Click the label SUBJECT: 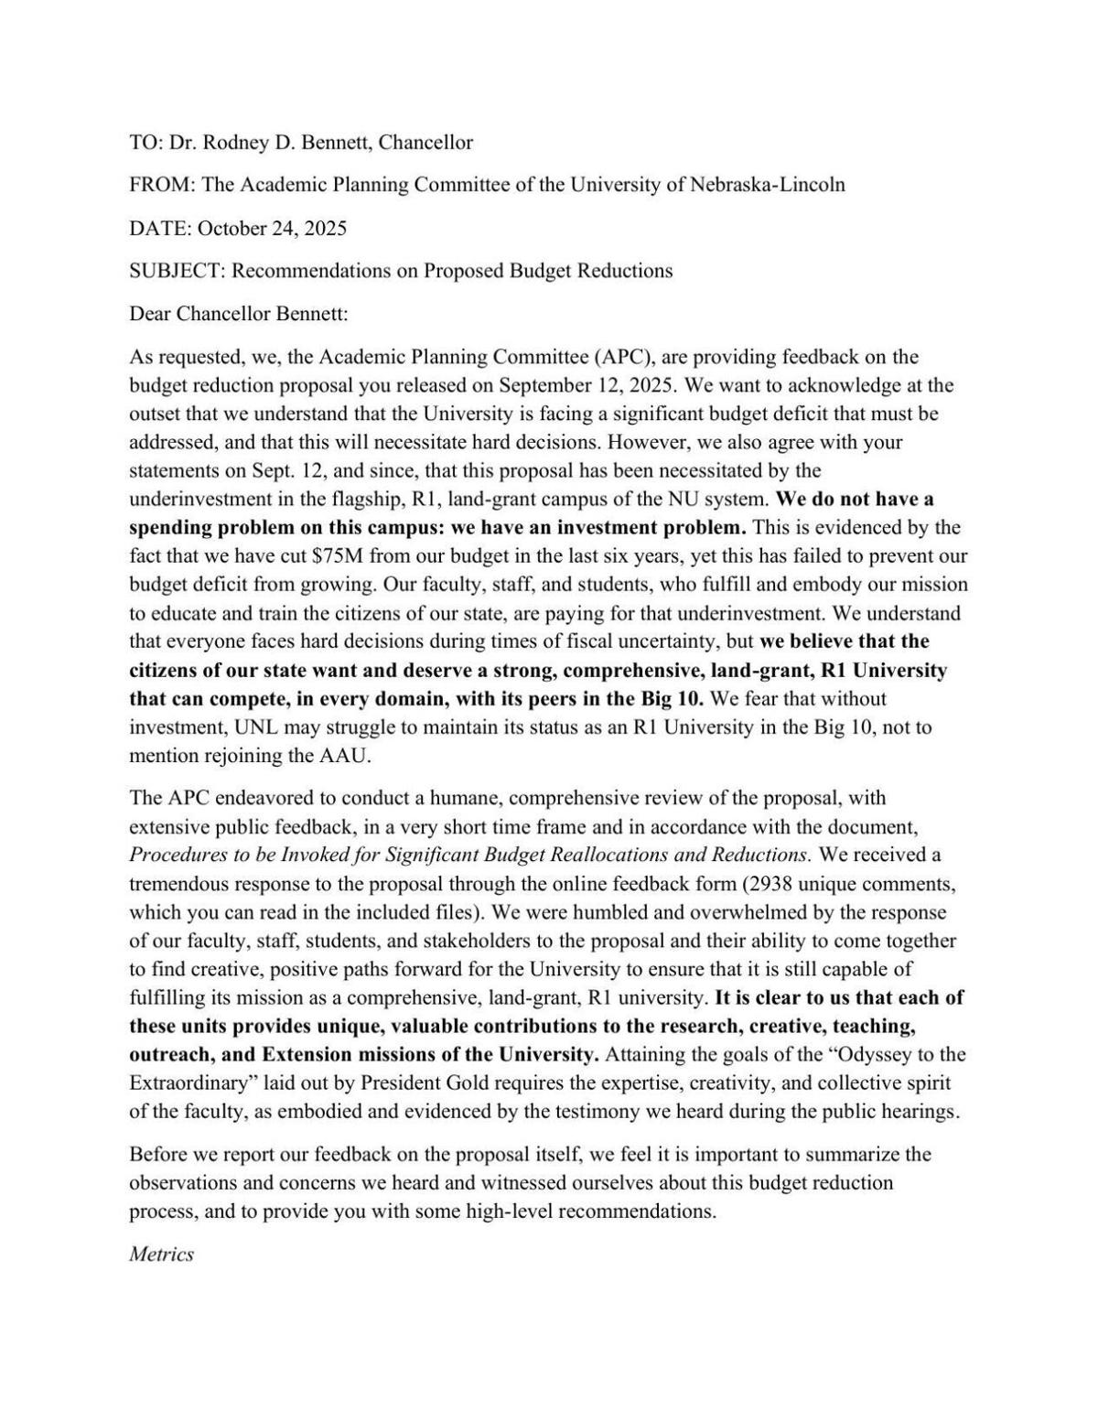coord(177,271)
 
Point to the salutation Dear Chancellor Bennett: coord(239,314)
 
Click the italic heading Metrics coord(161,1254)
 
